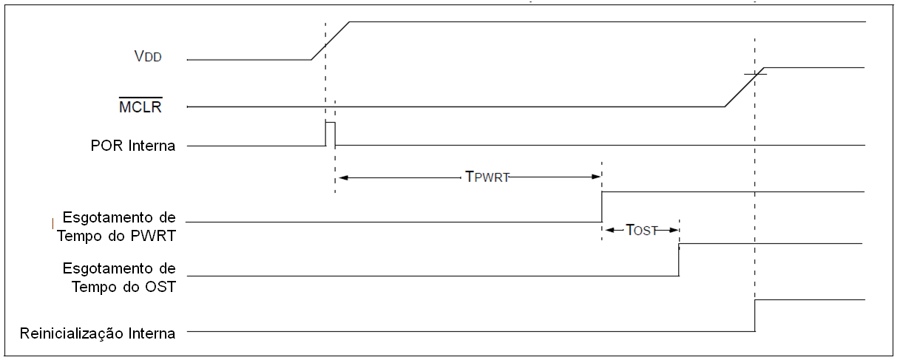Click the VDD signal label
(x=148, y=55)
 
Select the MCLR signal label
(x=140, y=107)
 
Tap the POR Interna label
(x=130, y=146)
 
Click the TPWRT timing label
(x=486, y=177)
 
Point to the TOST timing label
(x=641, y=230)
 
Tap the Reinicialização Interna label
(x=98, y=333)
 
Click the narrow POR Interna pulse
(x=330, y=133)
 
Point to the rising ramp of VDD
(x=330, y=40)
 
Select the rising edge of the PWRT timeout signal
(x=602, y=207)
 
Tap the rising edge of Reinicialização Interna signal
(x=755, y=316)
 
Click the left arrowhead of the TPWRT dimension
(x=341, y=177)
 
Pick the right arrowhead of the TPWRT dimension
(x=596, y=177)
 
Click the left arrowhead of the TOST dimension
(x=608, y=230)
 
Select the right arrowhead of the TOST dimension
(x=674, y=230)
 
